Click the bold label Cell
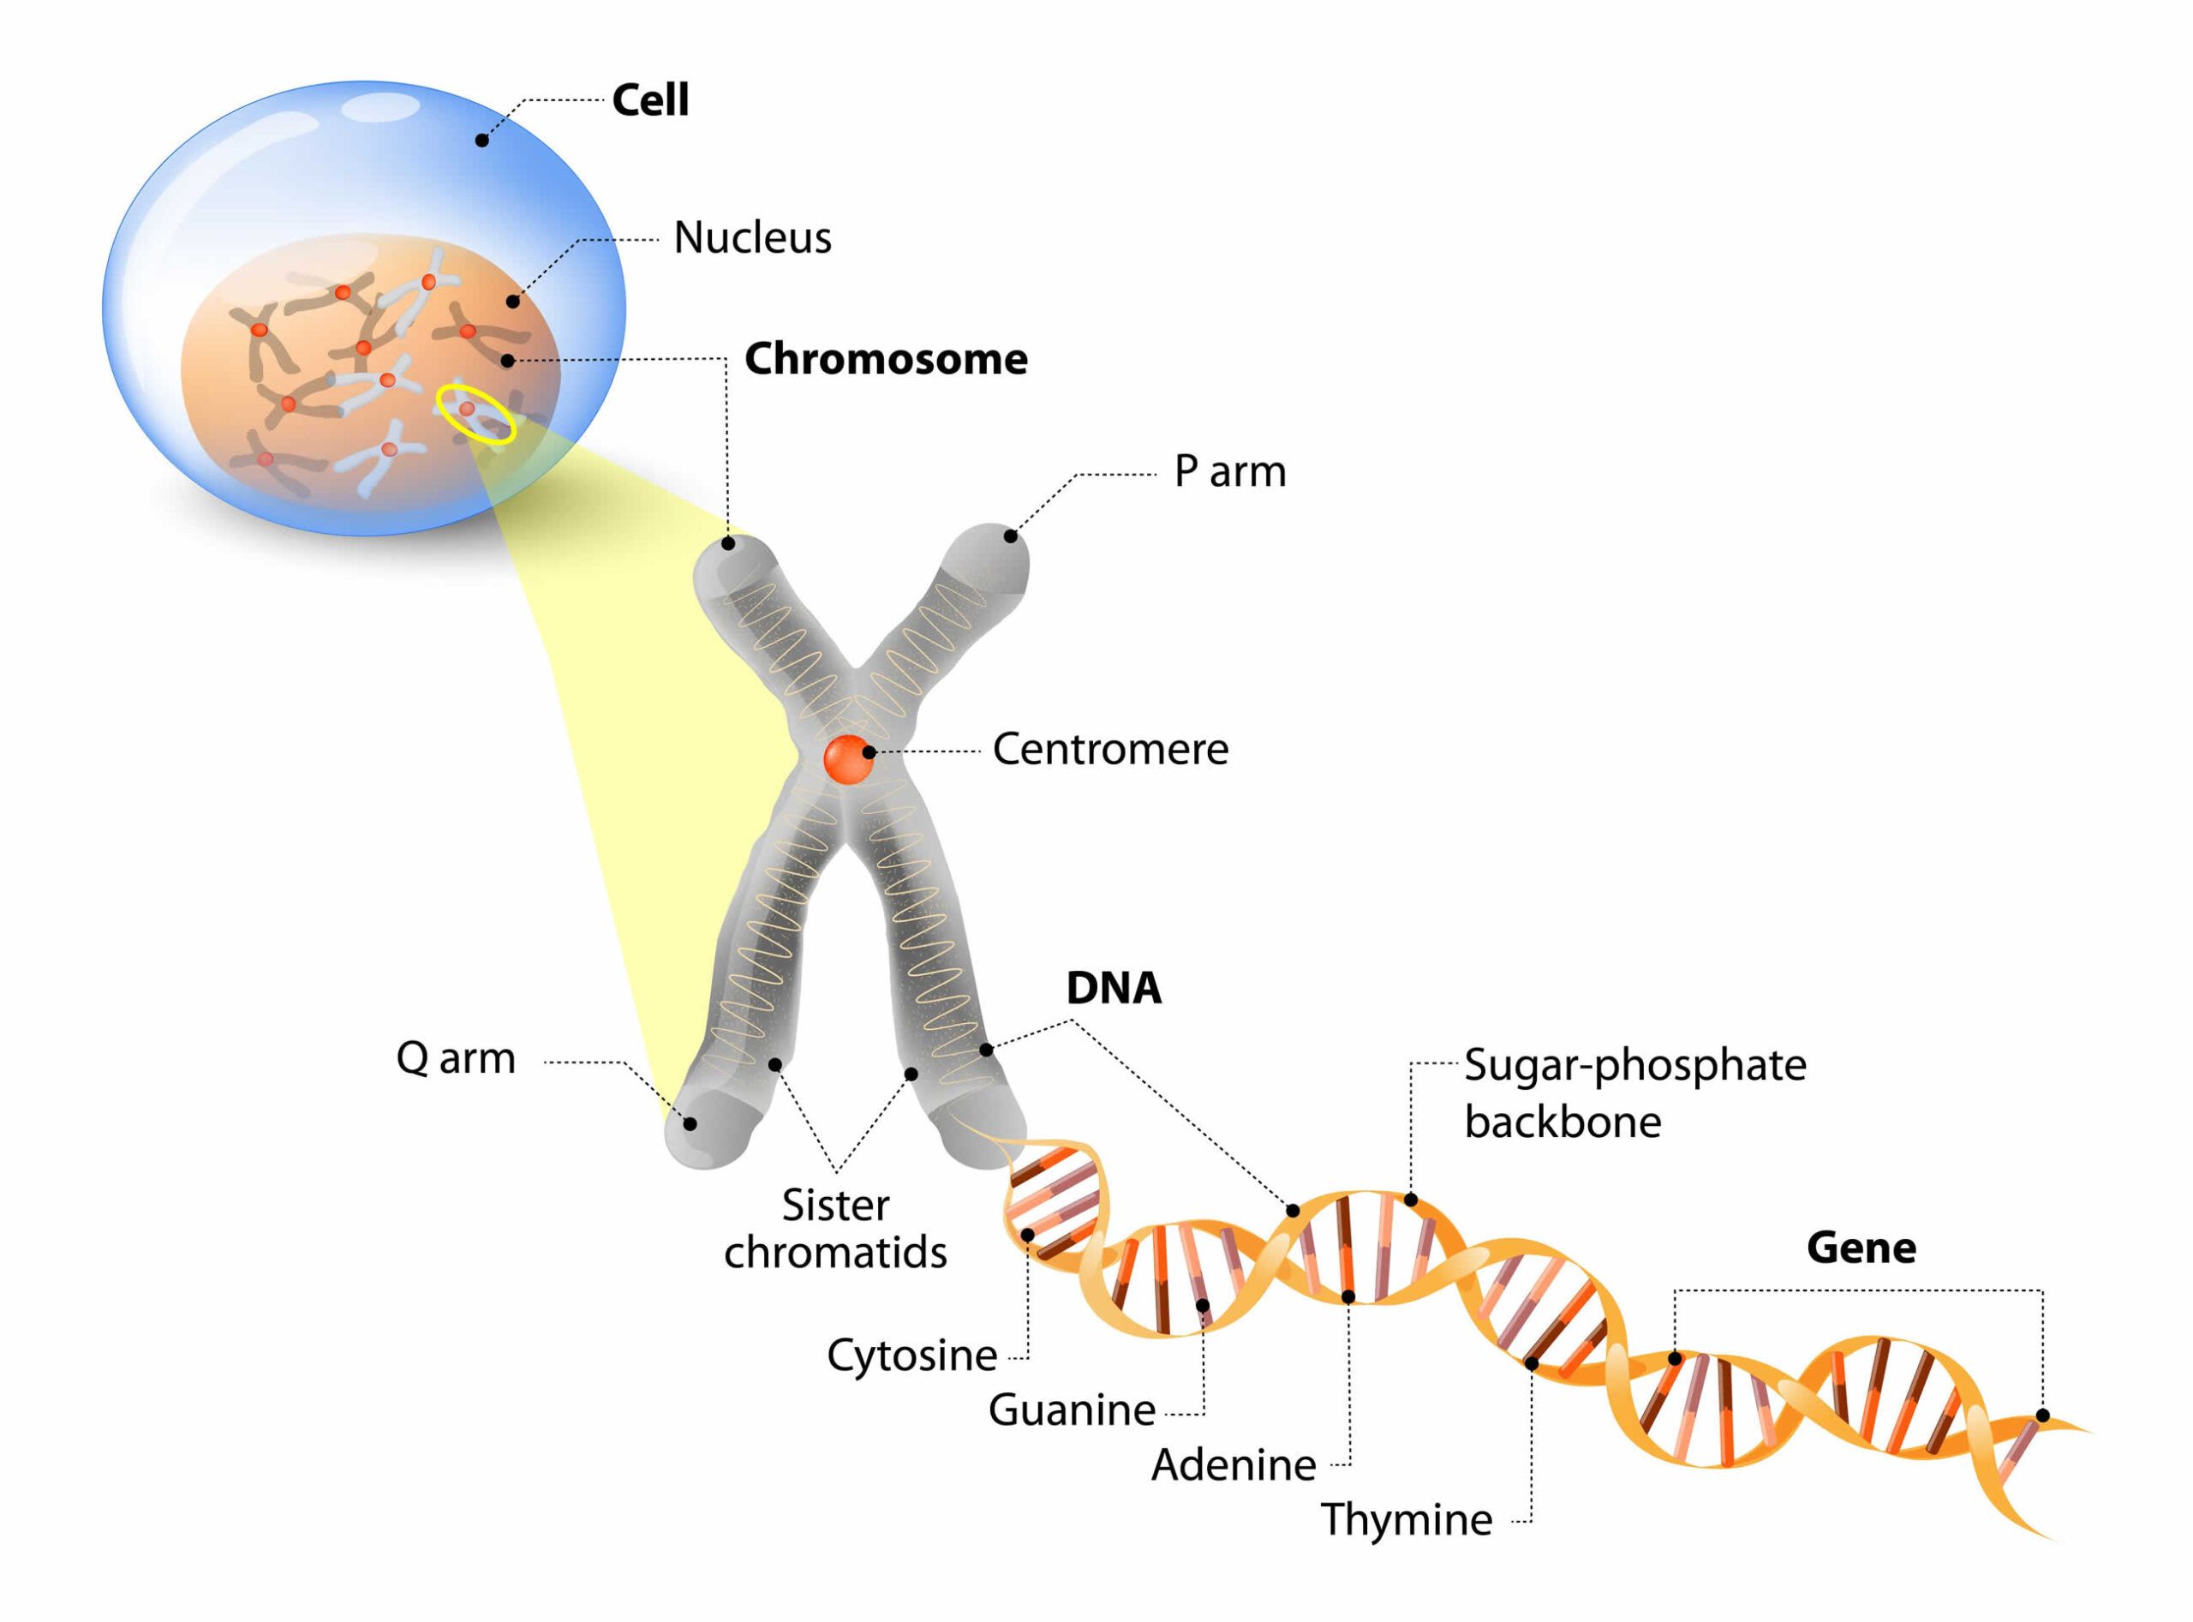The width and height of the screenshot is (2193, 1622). (650, 100)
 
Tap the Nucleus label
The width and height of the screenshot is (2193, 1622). (752, 237)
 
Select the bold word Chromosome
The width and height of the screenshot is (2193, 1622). (886, 359)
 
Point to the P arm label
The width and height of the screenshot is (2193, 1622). (1230, 472)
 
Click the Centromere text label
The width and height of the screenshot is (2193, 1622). (1110, 750)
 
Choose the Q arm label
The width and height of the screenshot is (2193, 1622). (456, 1058)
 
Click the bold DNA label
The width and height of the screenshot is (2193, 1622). (1113, 989)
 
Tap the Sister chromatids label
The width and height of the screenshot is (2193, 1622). (835, 1230)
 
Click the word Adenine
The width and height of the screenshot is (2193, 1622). (1233, 1466)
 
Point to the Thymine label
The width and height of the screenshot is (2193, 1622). (1406, 1520)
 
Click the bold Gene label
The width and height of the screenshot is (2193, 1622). (1861, 1248)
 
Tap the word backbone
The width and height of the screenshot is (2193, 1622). (1563, 1122)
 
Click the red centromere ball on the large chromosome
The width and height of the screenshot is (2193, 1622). (848, 759)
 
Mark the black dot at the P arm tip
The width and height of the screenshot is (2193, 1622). (1010, 536)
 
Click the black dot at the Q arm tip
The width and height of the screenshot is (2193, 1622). (690, 1124)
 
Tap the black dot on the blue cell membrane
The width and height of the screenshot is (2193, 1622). (482, 141)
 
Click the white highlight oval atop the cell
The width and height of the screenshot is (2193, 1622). (378, 107)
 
